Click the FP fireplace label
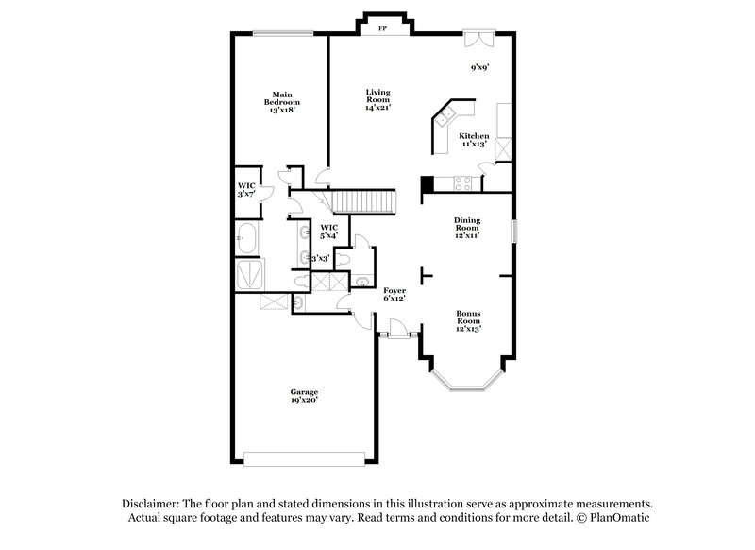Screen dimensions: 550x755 [x=382, y=29]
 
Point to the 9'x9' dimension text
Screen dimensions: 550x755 [x=480, y=67]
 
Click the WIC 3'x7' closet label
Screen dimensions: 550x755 [x=246, y=189]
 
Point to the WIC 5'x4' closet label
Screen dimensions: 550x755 [x=329, y=231]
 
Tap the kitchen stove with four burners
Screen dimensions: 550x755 [x=463, y=183]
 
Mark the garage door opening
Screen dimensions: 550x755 [x=304, y=460]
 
